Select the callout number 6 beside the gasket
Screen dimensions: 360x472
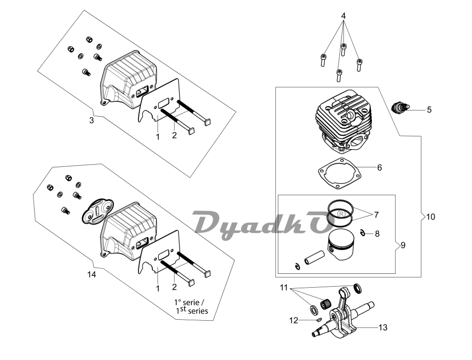[x=379, y=167]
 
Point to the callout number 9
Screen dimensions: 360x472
[x=403, y=245]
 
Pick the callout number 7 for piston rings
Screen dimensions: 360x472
[x=376, y=214]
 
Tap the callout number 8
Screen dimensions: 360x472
[x=377, y=233]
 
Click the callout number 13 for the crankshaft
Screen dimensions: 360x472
[x=383, y=327]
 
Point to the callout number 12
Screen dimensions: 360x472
[x=293, y=321]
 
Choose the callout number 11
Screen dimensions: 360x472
[x=284, y=287]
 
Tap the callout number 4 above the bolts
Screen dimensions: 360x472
[x=343, y=16]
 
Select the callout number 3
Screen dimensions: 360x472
[x=91, y=120]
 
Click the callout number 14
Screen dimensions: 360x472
[x=91, y=275]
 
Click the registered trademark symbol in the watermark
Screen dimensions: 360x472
[x=341, y=213]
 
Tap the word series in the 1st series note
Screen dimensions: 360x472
[x=197, y=311]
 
